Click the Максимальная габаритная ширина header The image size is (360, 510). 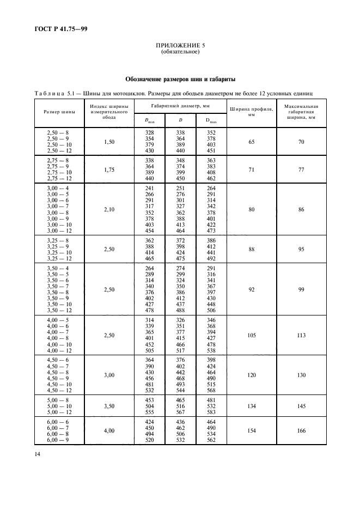(x=302, y=112)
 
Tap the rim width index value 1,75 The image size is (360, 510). (x=108, y=170)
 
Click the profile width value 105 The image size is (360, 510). (x=251, y=335)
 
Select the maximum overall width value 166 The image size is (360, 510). (x=302, y=430)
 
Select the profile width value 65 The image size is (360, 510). (x=251, y=142)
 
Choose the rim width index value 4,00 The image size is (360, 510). (x=108, y=430)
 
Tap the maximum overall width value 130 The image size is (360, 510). (x=302, y=375)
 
